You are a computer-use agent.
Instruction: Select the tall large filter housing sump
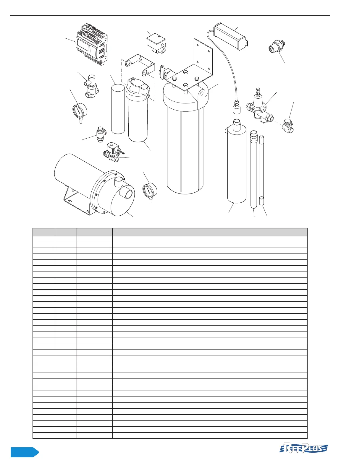point(185,148)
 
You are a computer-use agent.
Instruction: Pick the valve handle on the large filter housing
point(162,72)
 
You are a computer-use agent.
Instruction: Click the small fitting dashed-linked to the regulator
point(288,125)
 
